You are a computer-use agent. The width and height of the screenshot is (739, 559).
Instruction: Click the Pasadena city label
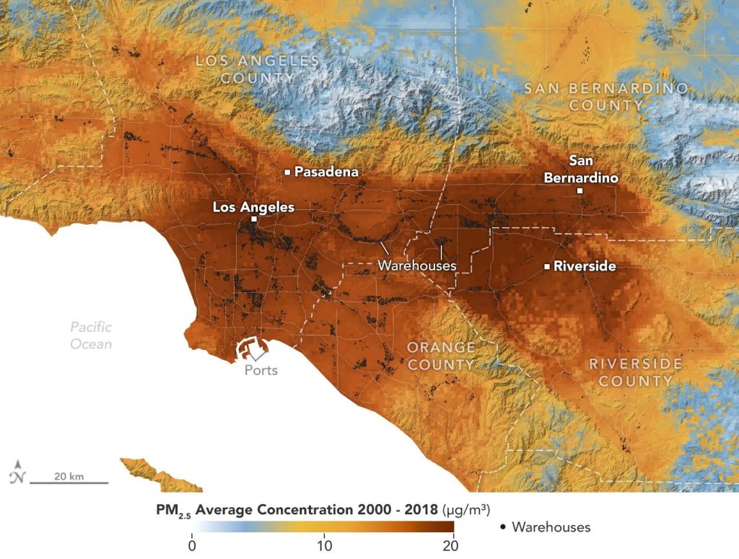tap(326, 172)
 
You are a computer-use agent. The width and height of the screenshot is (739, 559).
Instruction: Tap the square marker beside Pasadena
tap(287, 172)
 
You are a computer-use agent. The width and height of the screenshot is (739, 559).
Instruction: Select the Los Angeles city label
tap(253, 207)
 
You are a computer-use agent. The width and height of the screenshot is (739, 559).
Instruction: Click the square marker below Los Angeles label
tap(253, 219)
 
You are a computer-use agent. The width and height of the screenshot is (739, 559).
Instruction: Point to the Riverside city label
tap(585, 266)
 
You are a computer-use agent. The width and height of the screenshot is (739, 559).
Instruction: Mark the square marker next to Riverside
tap(547, 267)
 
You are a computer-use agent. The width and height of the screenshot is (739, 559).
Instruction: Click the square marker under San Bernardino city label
tap(580, 191)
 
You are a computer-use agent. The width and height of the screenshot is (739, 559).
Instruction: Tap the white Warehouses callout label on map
tap(417, 265)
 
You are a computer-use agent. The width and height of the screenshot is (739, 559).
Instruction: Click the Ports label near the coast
tap(261, 370)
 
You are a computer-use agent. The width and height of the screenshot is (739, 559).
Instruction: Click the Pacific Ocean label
tap(91, 335)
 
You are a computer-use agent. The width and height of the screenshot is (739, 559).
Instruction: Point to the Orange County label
tap(441, 356)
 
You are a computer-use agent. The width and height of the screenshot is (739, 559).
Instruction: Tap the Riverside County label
tap(635, 371)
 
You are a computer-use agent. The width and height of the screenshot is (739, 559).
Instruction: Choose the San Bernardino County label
tap(605, 96)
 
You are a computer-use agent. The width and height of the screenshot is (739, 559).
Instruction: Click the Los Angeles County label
tap(258, 69)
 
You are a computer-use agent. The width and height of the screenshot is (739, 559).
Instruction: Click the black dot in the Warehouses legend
tap(502, 527)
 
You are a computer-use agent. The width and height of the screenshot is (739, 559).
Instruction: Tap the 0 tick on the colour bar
tap(192, 545)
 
